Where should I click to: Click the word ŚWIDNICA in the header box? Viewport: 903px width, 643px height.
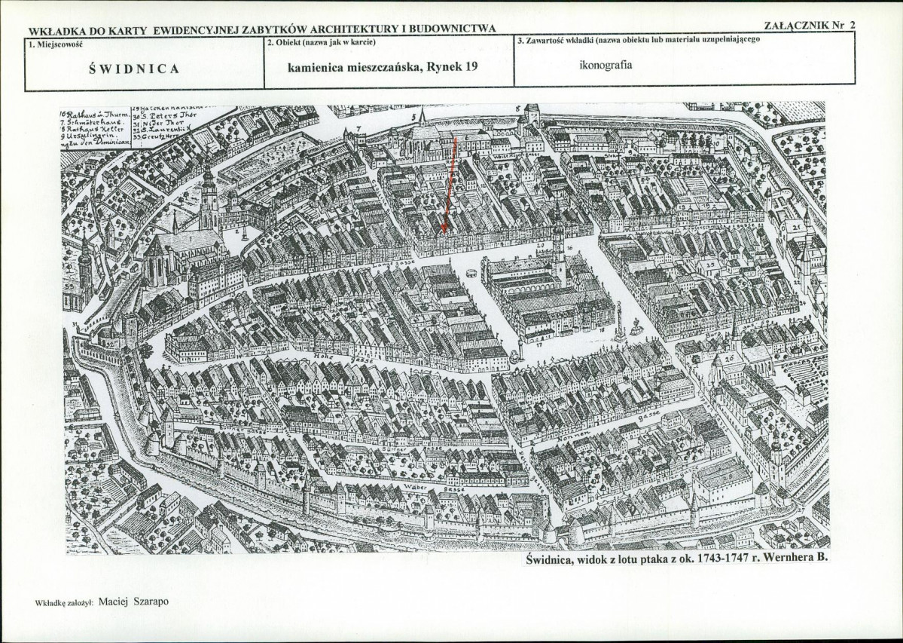click(x=134, y=69)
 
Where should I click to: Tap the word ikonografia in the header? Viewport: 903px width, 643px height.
click(x=606, y=64)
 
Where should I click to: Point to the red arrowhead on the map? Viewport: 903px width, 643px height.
click(x=444, y=227)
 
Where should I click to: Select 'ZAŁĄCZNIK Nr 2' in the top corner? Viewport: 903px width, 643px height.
click(x=810, y=25)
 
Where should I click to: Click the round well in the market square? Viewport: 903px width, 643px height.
click(x=472, y=274)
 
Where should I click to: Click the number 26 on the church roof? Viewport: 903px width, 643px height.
click(x=728, y=360)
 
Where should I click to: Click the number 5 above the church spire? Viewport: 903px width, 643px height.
click(x=413, y=118)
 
